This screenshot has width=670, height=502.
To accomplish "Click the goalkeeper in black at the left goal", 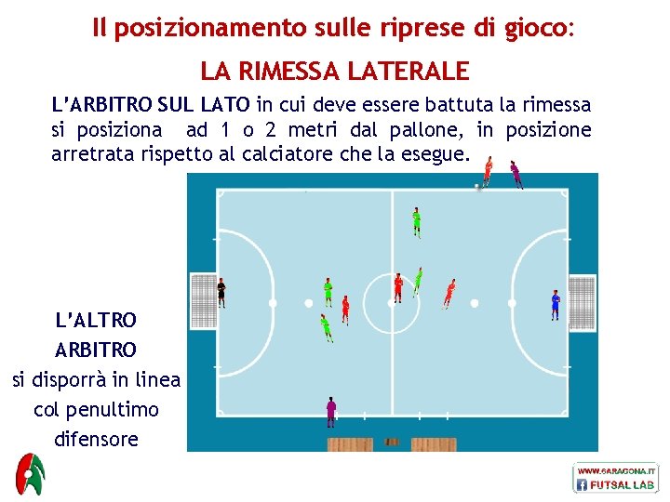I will (x=221, y=292).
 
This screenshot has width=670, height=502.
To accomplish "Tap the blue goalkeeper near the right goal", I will (x=556, y=304).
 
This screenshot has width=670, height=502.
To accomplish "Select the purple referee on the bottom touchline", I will (x=330, y=411).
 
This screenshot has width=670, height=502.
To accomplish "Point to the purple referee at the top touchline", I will (x=515, y=174).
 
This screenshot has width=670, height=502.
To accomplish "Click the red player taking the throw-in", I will (x=488, y=171).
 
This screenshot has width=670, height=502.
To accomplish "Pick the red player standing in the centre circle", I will (x=398, y=287).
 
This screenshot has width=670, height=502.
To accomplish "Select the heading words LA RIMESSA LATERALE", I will (x=335, y=71).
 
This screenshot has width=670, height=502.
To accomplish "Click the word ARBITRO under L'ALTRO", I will (x=96, y=350).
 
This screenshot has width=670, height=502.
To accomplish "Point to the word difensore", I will (x=96, y=439).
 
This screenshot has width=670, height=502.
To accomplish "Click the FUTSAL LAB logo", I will (x=616, y=484).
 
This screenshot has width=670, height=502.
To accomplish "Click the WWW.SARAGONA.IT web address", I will (x=616, y=471).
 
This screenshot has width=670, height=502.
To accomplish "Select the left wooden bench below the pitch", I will (x=350, y=444).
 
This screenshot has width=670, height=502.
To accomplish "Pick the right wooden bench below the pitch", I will (x=434, y=444).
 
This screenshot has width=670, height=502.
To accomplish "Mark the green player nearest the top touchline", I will (x=416, y=221).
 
